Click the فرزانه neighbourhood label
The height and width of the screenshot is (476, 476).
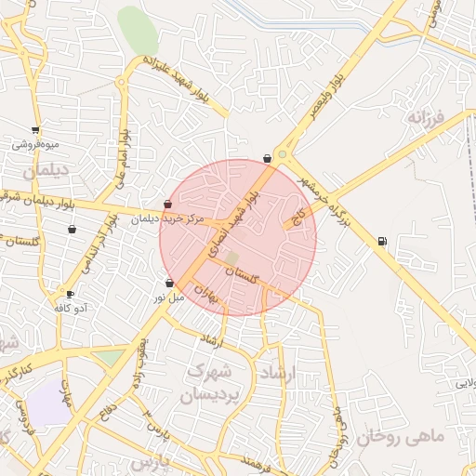427,118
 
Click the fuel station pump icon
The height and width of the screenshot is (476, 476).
382,243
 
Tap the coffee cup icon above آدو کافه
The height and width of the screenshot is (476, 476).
70,294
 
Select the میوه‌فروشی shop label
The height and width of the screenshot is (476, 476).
36,145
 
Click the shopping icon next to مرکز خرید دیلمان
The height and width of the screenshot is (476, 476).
167,205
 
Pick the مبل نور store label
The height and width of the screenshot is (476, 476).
170,297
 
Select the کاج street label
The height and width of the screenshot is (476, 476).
298,218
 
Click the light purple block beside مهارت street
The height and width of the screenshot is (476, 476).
46,403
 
